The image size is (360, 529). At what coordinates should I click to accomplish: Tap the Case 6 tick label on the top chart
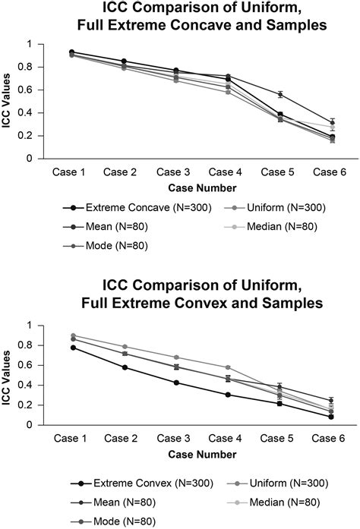tap(332, 172)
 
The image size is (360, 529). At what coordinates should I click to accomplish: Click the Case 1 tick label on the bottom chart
tap(72, 438)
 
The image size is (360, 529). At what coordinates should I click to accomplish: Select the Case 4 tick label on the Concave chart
tap(228, 172)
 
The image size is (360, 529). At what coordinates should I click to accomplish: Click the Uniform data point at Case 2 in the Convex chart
tap(124, 347)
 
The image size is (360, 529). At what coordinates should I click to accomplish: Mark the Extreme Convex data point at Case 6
tap(332, 417)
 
